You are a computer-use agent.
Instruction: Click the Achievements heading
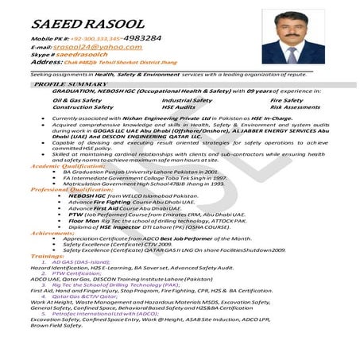pyautogui.click(x=53, y=233)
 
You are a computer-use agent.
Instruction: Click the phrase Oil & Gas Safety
pyautogui.click(x=77, y=101)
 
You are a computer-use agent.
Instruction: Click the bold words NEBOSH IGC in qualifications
pyautogui.click(x=85, y=196)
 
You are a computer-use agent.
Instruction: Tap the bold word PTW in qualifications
pyautogui.click(x=75, y=215)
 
